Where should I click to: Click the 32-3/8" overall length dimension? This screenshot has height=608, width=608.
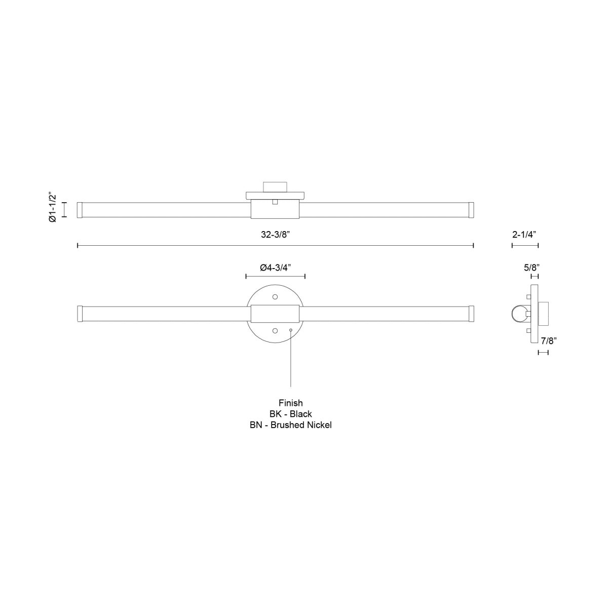(275, 235)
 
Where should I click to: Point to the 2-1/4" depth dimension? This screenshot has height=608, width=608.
(524, 235)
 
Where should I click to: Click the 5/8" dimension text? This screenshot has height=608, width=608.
(531, 267)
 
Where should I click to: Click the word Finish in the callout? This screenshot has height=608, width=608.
(290, 403)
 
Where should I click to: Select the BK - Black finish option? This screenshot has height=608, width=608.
(290, 414)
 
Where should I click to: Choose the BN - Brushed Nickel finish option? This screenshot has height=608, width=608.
(290, 425)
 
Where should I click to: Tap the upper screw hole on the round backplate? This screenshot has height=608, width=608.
(275, 296)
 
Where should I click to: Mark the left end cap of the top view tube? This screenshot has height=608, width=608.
(80, 210)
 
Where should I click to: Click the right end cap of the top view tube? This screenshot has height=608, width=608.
(471, 210)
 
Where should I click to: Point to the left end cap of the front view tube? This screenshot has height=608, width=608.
(80, 314)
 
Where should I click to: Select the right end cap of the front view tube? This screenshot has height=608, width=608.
(471, 314)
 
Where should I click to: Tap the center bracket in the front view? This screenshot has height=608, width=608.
(275, 314)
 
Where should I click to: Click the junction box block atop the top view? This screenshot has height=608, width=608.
(275, 186)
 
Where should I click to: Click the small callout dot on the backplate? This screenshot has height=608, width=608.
(290, 330)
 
